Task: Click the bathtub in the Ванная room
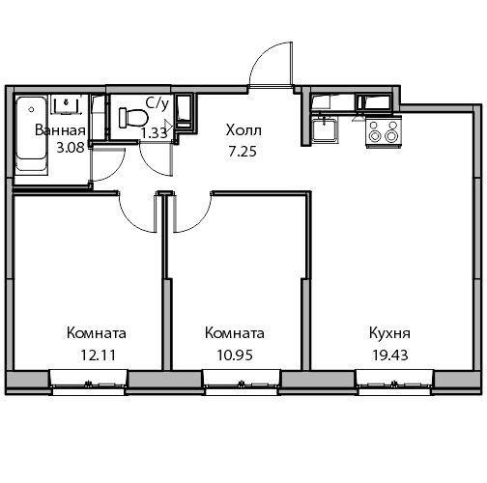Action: click(x=31, y=135)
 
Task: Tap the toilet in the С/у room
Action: click(x=133, y=118)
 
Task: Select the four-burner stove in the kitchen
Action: click(x=384, y=133)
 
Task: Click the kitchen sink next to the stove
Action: click(x=325, y=128)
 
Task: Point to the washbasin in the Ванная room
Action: click(x=67, y=104)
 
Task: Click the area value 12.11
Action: click(x=98, y=355)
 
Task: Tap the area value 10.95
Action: click(x=235, y=355)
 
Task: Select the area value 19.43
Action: click(x=390, y=355)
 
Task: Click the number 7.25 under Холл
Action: click(x=243, y=152)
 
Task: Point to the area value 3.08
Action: click(x=71, y=148)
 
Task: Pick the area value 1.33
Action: click(x=155, y=132)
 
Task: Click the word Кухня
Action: click(x=389, y=333)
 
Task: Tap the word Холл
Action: click(x=243, y=130)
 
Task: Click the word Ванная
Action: click(x=60, y=130)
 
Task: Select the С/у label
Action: click(x=158, y=103)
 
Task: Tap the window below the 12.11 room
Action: click(x=88, y=383)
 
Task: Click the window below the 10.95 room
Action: click(x=242, y=383)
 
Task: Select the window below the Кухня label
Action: click(x=394, y=383)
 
